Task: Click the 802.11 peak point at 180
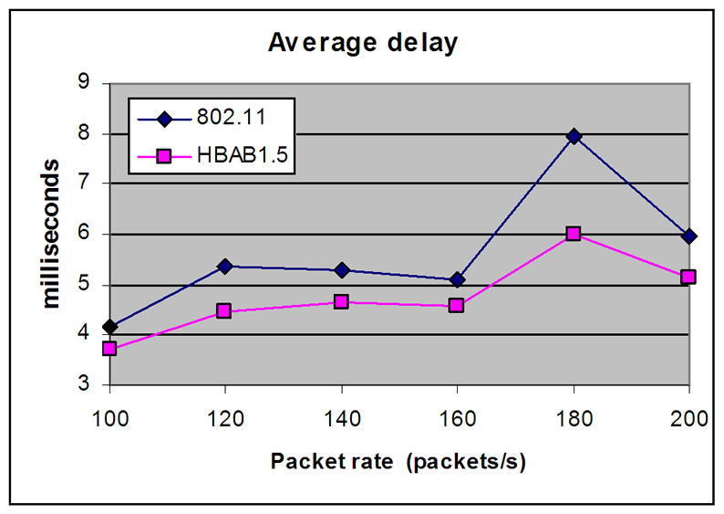(x=574, y=136)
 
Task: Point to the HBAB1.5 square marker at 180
(x=574, y=234)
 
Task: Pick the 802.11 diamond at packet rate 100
(x=110, y=327)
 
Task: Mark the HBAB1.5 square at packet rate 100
(x=110, y=349)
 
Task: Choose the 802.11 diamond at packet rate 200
(x=688, y=236)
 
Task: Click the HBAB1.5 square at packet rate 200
(x=688, y=277)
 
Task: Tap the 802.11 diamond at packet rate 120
(x=224, y=266)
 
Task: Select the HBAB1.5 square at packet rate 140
(x=341, y=301)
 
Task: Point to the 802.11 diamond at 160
(x=457, y=279)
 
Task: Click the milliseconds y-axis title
(x=52, y=233)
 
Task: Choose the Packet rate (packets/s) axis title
(x=398, y=461)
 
